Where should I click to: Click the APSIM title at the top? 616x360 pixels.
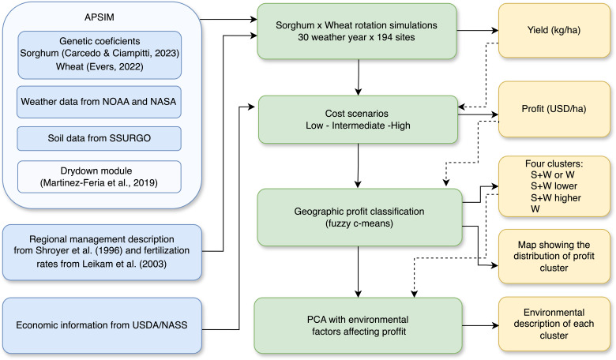(99, 17)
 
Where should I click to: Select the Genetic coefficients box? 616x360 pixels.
(100, 55)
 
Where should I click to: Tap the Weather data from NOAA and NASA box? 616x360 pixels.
(99, 102)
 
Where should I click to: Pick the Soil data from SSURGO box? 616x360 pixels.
(99, 138)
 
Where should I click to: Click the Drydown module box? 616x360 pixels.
(99, 177)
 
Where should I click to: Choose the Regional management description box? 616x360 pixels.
(102, 252)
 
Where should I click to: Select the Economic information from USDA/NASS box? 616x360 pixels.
(102, 325)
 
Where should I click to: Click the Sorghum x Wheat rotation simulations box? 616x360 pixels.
(357, 32)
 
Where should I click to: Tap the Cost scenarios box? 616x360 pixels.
(358, 120)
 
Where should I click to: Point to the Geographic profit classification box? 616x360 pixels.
(359, 217)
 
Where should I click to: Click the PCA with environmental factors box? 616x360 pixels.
(358, 325)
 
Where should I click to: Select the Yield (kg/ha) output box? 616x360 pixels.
(554, 31)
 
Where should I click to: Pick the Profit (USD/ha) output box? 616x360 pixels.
(554, 109)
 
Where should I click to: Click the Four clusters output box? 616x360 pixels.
(554, 186)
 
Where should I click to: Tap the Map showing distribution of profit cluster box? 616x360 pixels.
(554, 257)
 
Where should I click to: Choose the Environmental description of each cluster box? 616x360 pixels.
(554, 324)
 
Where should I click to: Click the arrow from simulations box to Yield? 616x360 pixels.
(477, 30)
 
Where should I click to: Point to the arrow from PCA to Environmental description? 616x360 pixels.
(480, 325)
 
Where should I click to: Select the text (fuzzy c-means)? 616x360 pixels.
(359, 223)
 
